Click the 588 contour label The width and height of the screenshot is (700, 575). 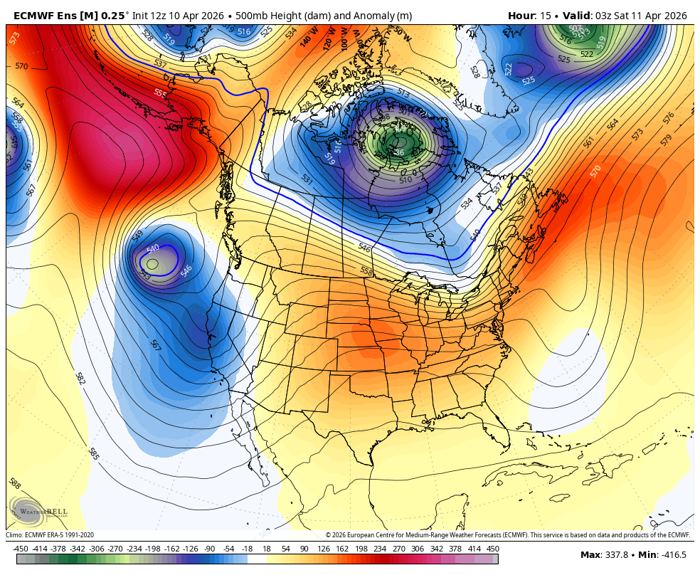[15, 484]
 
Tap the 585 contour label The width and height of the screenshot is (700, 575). [93, 453]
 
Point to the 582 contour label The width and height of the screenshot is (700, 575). [80, 378]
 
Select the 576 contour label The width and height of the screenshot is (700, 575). [668, 117]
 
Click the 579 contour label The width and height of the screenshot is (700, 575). [667, 140]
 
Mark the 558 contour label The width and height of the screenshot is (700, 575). [366, 271]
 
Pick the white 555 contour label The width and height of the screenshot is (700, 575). [160, 93]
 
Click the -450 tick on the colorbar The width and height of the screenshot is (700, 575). [21, 549]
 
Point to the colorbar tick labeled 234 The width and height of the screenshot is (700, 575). [380, 549]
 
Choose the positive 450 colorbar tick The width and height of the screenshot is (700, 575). [492, 549]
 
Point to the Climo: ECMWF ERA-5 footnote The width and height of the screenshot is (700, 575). [50, 535]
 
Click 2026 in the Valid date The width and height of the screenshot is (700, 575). [673, 16]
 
